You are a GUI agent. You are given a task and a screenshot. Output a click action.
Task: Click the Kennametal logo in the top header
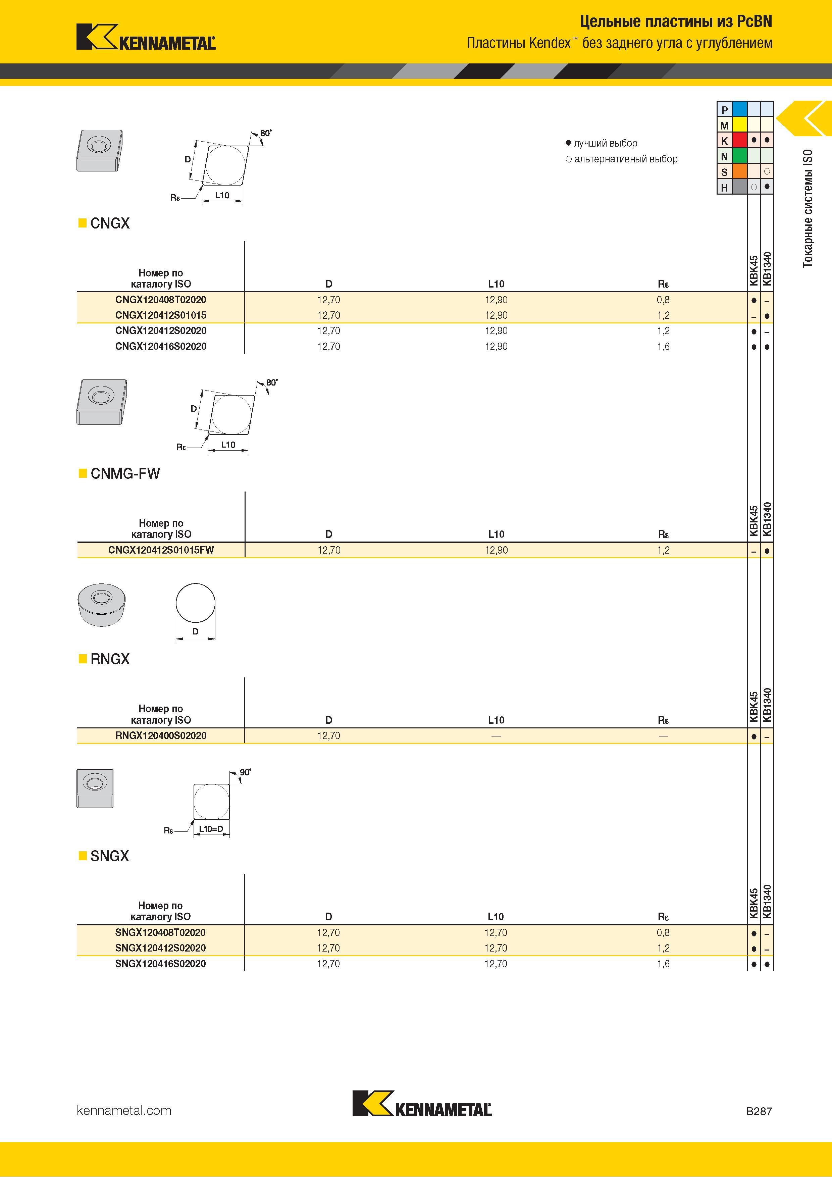(x=146, y=37)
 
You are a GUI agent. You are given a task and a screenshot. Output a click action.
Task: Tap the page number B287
(x=759, y=1111)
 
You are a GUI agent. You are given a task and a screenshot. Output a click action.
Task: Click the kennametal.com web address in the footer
(x=124, y=1110)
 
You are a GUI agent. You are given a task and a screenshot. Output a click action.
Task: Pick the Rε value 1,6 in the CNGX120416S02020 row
(x=663, y=347)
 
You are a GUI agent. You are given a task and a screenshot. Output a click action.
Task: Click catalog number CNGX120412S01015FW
(x=161, y=550)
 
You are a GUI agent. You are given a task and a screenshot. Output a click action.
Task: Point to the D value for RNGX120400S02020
(x=328, y=735)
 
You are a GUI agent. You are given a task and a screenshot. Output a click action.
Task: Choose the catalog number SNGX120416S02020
(x=160, y=964)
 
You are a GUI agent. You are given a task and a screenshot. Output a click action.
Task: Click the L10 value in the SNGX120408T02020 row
(x=496, y=932)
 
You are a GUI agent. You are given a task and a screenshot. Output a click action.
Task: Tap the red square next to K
(x=739, y=140)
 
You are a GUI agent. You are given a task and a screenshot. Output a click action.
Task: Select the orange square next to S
(x=739, y=171)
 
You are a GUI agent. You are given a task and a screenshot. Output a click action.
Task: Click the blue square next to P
(x=739, y=109)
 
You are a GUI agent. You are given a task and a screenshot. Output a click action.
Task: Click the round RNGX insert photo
(x=102, y=604)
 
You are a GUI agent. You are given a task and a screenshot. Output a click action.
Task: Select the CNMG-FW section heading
(x=125, y=473)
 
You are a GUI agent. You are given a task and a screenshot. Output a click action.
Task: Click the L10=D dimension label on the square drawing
(x=211, y=829)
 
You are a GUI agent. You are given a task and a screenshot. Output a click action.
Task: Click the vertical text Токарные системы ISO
(x=808, y=208)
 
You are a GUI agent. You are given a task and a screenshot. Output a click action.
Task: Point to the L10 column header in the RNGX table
(x=496, y=720)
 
